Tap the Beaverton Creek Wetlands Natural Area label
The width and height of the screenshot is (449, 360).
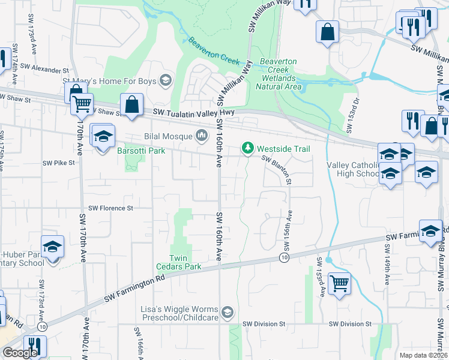(279, 74)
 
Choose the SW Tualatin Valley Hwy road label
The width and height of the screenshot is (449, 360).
(193, 112)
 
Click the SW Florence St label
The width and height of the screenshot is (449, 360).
(110, 208)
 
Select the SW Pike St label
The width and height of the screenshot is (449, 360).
(58, 163)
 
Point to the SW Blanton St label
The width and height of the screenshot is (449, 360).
(277, 170)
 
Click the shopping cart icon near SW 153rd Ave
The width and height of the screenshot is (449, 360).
(340, 283)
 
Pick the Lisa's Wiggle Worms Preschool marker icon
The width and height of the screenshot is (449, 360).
(227, 312)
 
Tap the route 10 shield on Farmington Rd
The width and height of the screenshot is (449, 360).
(283, 257)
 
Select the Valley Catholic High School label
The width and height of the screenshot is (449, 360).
(353, 169)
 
